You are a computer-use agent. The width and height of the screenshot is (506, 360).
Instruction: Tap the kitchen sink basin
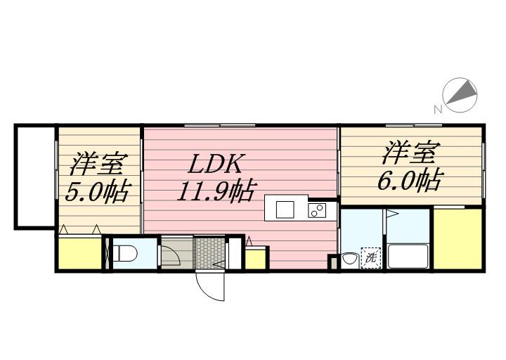pyautogui.click(x=285, y=210)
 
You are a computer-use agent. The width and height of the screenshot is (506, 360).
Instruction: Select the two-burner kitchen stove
pyautogui.click(x=316, y=210)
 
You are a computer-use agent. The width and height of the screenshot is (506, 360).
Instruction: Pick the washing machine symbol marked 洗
pyautogui.click(x=370, y=258)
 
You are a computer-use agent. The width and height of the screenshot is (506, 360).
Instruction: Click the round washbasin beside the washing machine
pyautogui.click(x=349, y=259)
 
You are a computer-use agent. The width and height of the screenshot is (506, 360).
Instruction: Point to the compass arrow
pyautogui.click(x=461, y=95)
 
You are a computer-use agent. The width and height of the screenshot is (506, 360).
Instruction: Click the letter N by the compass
pyautogui.click(x=437, y=109)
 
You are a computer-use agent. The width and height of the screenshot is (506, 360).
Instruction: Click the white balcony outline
pyautogui.click(x=35, y=176)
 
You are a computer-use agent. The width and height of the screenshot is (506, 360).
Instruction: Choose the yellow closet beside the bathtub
pyautogui.click(x=458, y=238)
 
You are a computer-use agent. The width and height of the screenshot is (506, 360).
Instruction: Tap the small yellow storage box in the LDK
pyautogui.click(x=255, y=257)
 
